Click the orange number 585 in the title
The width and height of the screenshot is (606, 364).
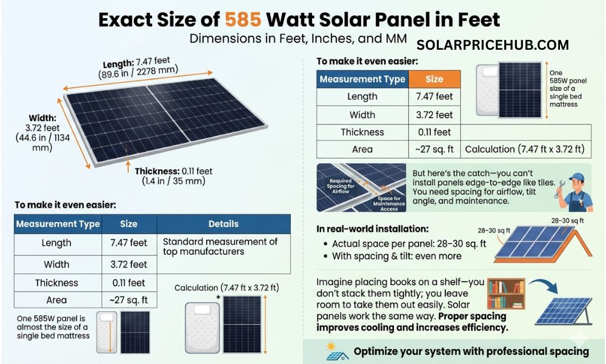244,19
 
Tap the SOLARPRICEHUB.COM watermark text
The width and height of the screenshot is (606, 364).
493,45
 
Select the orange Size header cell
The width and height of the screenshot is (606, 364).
434,79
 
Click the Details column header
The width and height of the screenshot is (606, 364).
223,224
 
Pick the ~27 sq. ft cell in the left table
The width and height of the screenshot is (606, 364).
128,300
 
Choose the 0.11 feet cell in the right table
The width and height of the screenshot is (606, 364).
434,132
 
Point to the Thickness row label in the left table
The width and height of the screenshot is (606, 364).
56,283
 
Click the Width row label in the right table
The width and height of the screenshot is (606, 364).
362,115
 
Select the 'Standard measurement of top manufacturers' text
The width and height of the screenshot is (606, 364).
221,246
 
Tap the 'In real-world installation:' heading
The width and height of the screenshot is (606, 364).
373,229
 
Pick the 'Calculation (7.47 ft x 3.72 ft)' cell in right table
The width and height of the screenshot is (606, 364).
525,149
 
